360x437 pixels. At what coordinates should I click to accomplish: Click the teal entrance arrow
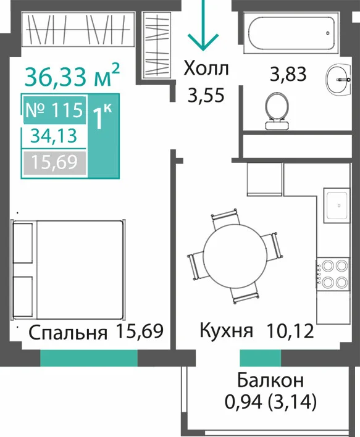(203, 25)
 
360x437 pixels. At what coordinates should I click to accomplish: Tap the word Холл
(206, 69)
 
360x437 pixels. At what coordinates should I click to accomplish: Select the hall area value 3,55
(206, 95)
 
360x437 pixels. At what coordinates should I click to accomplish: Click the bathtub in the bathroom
(291, 33)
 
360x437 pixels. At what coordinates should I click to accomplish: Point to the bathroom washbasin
(338, 79)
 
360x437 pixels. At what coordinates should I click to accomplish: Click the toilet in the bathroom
(277, 111)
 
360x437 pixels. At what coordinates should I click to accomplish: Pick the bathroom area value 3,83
(288, 74)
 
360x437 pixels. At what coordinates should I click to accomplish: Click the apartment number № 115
(54, 110)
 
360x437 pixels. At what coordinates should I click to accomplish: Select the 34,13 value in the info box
(54, 136)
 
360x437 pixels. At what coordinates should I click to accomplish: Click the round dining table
(235, 257)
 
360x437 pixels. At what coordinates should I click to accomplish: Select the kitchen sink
(337, 206)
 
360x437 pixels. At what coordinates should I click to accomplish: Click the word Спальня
(68, 333)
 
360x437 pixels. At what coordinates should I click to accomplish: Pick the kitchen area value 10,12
(290, 331)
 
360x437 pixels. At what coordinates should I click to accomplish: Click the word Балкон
(270, 381)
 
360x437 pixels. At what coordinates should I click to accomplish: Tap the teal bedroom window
(89, 358)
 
